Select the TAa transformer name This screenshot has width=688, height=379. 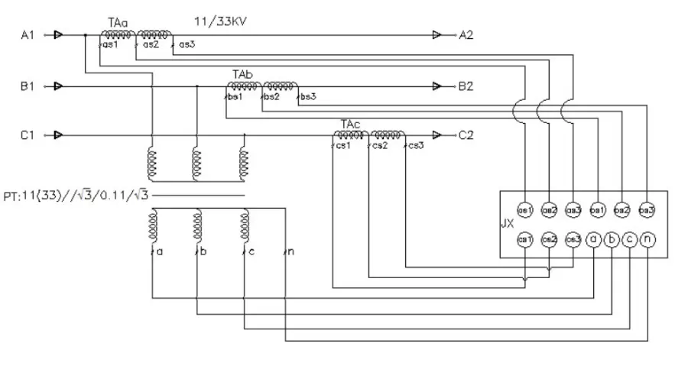coord(117,24)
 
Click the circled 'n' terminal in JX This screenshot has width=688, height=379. coord(647,240)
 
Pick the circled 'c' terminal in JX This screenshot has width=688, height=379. coord(629,240)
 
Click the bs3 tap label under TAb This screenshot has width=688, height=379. coord(307,97)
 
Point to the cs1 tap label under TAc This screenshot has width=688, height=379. coord(342,147)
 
